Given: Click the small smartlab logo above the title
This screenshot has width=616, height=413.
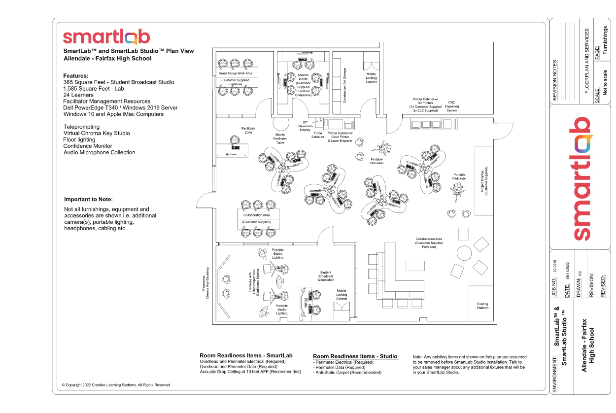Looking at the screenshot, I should pyautogui.click(x=106, y=37).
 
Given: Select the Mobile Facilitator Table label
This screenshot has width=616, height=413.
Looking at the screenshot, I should pyautogui.click(x=280, y=138).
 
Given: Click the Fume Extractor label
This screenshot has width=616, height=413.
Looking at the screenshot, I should pyautogui.click(x=318, y=135).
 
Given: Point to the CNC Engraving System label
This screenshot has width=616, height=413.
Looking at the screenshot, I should pyautogui.click(x=451, y=106).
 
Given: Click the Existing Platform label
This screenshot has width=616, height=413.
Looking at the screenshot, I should pyautogui.click(x=482, y=306).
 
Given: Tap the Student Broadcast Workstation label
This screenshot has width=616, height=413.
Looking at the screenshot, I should pyautogui.click(x=326, y=276).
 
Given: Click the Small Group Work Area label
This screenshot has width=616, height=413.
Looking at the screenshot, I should pyautogui.click(x=236, y=73).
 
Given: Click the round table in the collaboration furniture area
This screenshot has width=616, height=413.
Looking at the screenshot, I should pyautogui.click(x=464, y=253).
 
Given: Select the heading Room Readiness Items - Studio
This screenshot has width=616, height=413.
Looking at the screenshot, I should pyautogui.click(x=355, y=356).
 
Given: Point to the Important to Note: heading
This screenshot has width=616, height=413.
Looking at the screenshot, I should pyautogui.click(x=88, y=200).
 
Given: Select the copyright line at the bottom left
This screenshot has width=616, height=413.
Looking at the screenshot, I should pyautogui.click(x=116, y=385).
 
